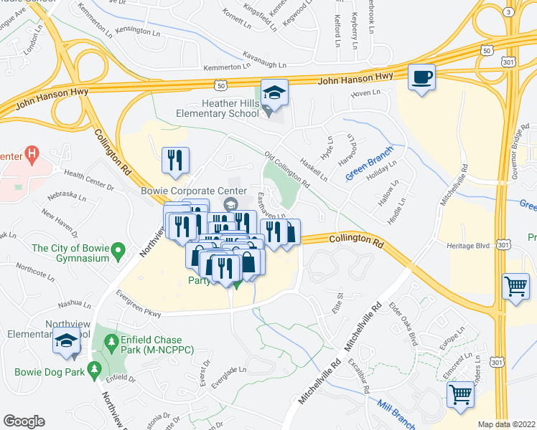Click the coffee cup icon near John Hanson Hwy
click(x=421, y=76)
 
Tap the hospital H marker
click(x=32, y=153)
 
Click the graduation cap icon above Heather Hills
click(x=273, y=92)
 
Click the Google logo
click(x=24, y=421)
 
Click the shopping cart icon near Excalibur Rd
click(x=461, y=395)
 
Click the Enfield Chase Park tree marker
click(x=110, y=343)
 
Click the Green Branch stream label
click(x=371, y=168)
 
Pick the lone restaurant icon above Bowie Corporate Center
click(x=175, y=161)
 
